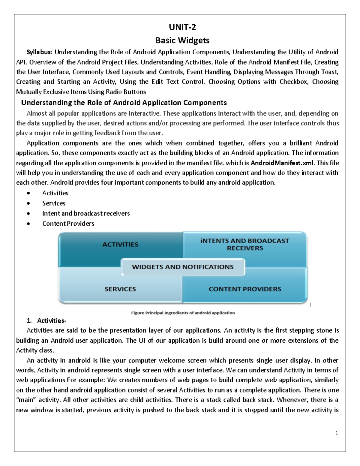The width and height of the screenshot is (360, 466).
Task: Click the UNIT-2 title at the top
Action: pos(182,27)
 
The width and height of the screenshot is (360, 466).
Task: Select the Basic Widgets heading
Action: pos(182,40)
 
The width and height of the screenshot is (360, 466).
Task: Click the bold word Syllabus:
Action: pos(39,52)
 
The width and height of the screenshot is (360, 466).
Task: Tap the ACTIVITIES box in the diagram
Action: pos(120,245)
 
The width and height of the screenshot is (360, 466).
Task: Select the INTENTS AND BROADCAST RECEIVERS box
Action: pos(245,245)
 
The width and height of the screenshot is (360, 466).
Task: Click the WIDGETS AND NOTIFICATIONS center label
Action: pos(183,267)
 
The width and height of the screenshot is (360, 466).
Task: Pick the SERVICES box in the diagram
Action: pos(120,289)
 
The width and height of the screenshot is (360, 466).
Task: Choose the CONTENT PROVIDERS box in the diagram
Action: pos(245,289)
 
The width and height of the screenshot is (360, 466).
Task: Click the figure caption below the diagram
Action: pos(183,313)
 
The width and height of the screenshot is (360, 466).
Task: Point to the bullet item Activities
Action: pos(55,193)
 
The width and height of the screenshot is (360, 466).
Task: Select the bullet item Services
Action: pos(54,203)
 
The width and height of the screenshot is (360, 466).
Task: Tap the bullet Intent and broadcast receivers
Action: pos(86,213)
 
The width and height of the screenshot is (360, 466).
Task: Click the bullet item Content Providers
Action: pos(68,224)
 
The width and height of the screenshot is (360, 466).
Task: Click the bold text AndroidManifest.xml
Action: pos(282,163)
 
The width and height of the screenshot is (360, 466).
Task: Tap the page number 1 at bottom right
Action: pos(337,433)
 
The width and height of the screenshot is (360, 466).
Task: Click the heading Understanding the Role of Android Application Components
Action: pos(124,103)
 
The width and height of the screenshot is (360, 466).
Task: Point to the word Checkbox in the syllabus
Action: pos(293,82)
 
